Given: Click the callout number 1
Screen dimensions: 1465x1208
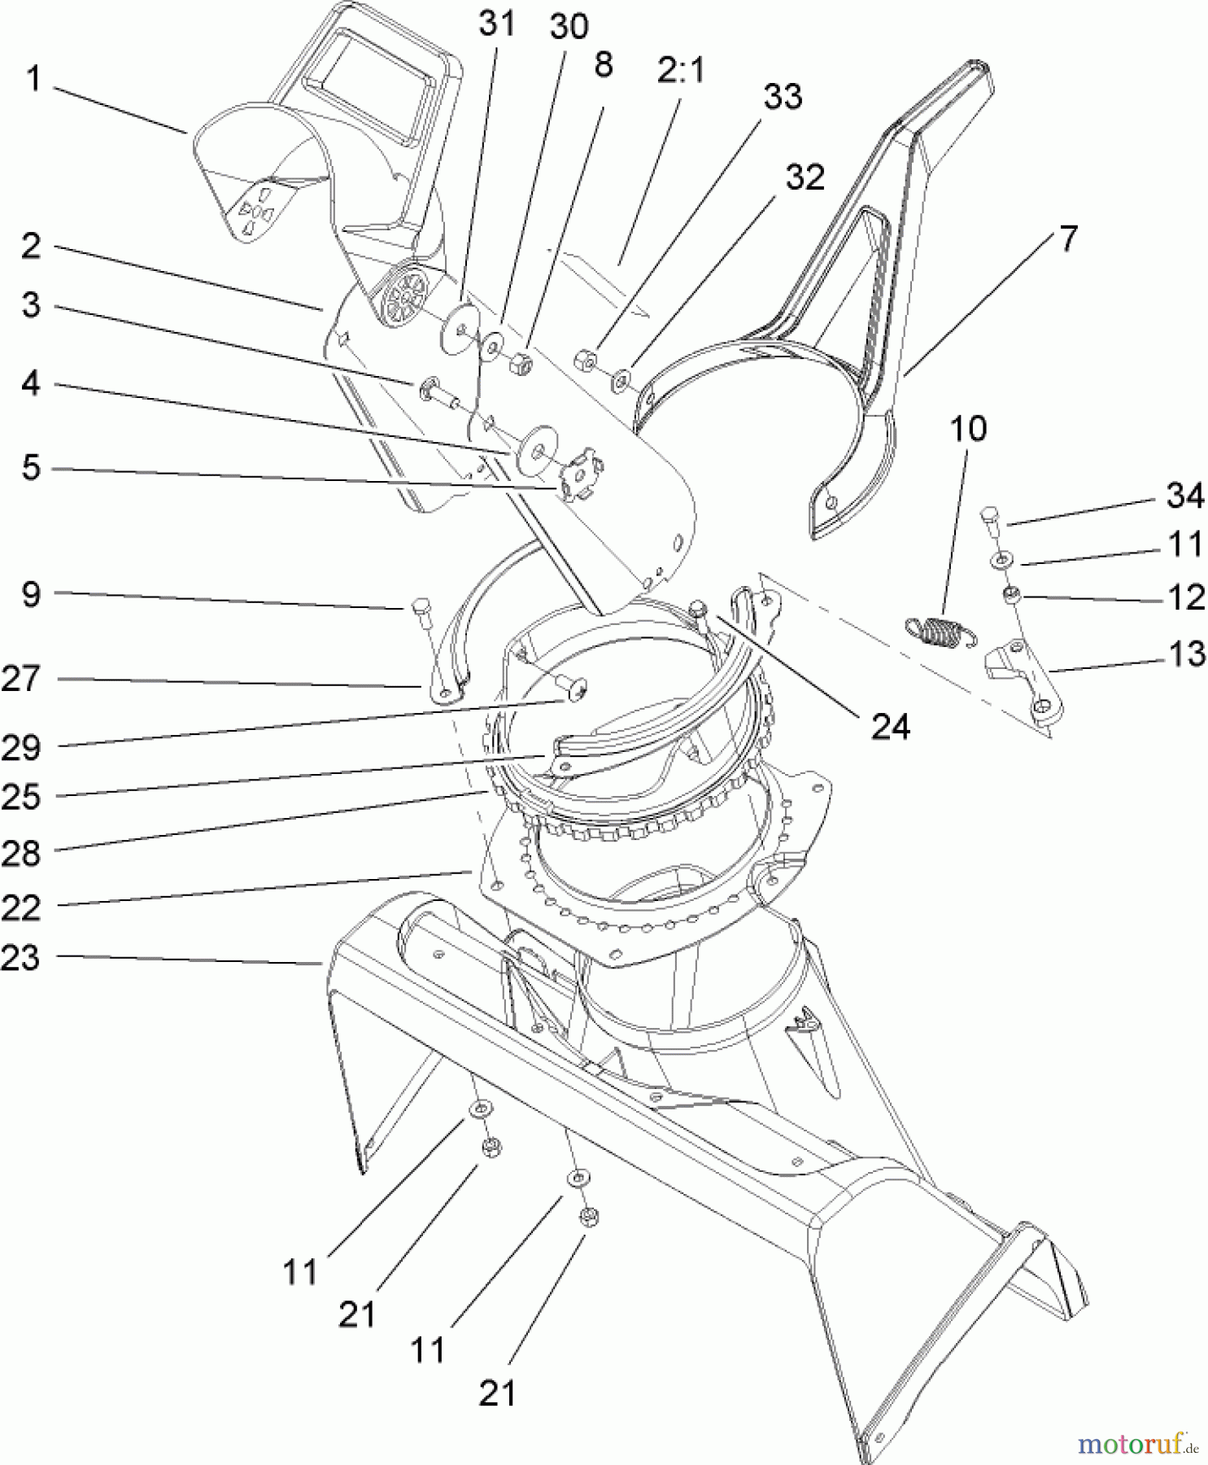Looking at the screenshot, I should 33,80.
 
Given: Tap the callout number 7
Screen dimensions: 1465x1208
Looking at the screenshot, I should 1067,238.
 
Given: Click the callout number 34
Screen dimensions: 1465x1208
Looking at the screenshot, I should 1184,495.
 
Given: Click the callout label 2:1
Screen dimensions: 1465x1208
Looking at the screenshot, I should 681,72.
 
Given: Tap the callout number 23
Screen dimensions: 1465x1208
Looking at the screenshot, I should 20,958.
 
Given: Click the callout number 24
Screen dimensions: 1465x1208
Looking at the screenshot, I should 890,726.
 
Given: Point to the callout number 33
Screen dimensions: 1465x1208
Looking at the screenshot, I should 783,96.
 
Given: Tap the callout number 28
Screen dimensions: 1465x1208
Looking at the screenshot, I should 20,854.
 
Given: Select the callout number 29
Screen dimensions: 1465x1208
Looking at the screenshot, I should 20,747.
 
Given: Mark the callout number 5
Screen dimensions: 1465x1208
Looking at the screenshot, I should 31,468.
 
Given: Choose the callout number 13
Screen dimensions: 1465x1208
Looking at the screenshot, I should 1185,654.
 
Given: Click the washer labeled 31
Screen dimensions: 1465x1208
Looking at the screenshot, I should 460,329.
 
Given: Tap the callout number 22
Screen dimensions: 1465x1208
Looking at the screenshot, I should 20,907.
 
